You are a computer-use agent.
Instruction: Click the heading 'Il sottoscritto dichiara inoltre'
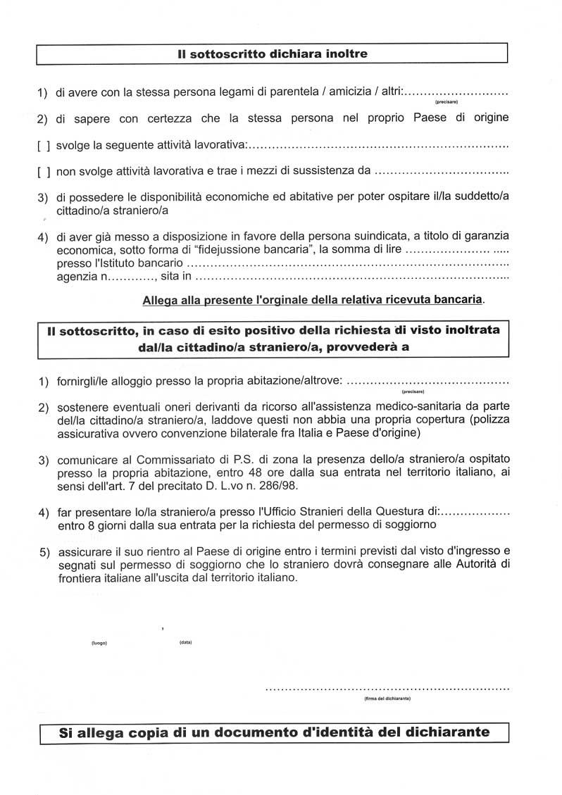(x=273, y=54)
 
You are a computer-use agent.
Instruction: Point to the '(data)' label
(x=186, y=643)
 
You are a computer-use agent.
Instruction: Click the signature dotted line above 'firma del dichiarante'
(x=387, y=687)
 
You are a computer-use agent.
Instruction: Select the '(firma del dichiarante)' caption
(x=387, y=699)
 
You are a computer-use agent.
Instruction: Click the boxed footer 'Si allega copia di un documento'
(x=274, y=732)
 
